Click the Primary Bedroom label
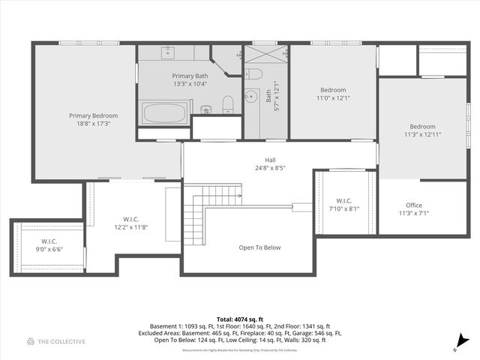[94, 115]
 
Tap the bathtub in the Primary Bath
[164, 113]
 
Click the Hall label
[270, 160]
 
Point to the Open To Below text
[259, 247]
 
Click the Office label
[414, 205]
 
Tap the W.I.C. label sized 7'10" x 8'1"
[344, 201]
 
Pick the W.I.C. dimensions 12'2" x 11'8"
[130, 226]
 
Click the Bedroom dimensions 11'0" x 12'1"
[333, 97]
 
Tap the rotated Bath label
[268, 96]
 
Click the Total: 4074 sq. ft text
[240, 319]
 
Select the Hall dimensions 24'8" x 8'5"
[270, 167]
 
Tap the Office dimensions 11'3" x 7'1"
[414, 213]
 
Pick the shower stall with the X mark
[266, 56]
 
